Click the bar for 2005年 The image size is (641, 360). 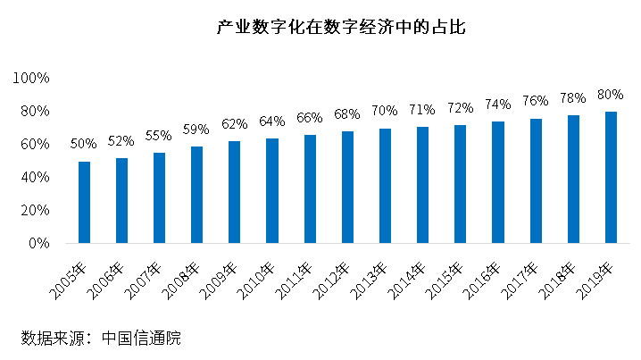84,202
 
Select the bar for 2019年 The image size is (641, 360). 612,177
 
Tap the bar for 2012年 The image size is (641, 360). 348,187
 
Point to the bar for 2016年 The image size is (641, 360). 498,182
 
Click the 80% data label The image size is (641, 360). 612,95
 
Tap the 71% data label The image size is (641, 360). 422,110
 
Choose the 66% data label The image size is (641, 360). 310,118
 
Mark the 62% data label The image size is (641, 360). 235,124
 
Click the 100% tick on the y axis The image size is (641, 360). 32,78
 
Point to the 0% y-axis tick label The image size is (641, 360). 39,243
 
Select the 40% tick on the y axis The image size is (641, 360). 36,177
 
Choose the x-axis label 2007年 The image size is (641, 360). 145,279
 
